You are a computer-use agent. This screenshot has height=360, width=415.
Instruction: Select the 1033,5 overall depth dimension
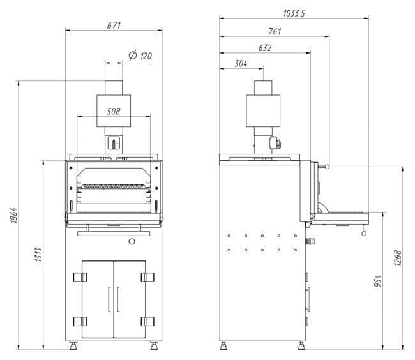pyautogui.click(x=293, y=12)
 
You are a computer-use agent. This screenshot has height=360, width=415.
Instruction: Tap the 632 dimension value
pyautogui.click(x=265, y=48)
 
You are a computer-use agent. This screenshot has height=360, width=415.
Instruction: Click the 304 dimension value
pyautogui.click(x=241, y=63)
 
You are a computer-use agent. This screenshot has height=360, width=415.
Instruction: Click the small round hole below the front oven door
pyautogui.click(x=132, y=241)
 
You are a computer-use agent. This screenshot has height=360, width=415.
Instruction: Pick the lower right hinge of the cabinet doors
pyautogui.click(x=148, y=321)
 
